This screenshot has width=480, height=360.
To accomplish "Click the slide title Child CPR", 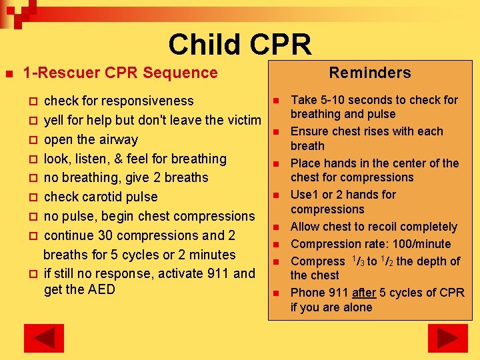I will pos(240,45).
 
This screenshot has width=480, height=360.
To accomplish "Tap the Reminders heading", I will pos(369,73).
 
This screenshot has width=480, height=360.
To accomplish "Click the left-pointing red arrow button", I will pos(44,338).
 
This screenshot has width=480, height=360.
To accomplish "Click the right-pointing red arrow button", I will pos(447,338).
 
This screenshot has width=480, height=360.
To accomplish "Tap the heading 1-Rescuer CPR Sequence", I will pos(120,73).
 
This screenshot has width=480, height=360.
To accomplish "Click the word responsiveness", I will pos(150,101).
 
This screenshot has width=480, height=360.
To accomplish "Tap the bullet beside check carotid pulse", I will pos(33,197).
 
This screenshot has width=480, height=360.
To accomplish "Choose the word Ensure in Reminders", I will pos(309,131).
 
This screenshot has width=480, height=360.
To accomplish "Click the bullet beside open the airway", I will pos(33,140).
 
